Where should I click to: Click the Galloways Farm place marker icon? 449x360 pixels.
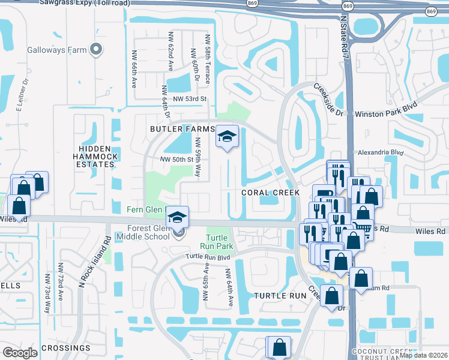tap(95, 50)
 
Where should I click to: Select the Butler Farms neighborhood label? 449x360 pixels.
tap(182, 129)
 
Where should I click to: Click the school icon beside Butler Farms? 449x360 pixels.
tap(226, 137)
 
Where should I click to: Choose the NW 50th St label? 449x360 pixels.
tap(176, 159)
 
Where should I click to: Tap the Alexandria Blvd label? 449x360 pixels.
tap(378, 152)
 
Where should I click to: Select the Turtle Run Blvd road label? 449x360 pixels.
tap(208, 256)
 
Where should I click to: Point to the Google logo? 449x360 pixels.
tap(20, 353)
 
